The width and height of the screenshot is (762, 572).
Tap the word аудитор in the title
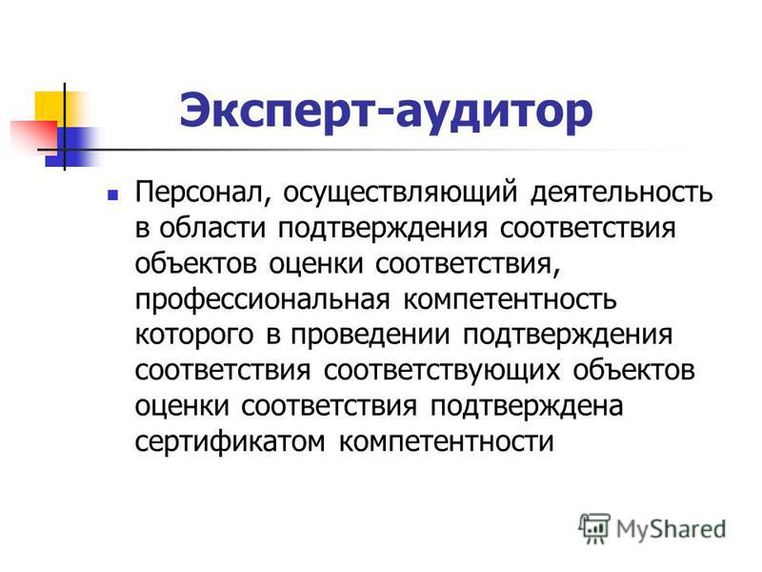494,114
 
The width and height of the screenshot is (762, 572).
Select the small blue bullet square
113,195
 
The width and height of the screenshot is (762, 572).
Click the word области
212,229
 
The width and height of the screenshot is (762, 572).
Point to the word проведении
371,336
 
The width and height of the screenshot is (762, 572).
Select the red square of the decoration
34,134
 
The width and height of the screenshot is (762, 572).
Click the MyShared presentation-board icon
594,529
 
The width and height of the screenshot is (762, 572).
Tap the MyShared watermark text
672,529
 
